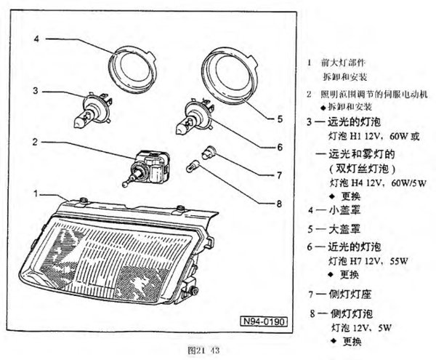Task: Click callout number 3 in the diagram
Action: pos(35,91)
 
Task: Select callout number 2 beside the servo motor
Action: pos(35,142)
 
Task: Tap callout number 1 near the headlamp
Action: pos(35,194)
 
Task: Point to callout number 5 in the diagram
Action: pos(280,116)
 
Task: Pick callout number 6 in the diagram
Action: pos(280,146)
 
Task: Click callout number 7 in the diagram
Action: pos(280,175)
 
